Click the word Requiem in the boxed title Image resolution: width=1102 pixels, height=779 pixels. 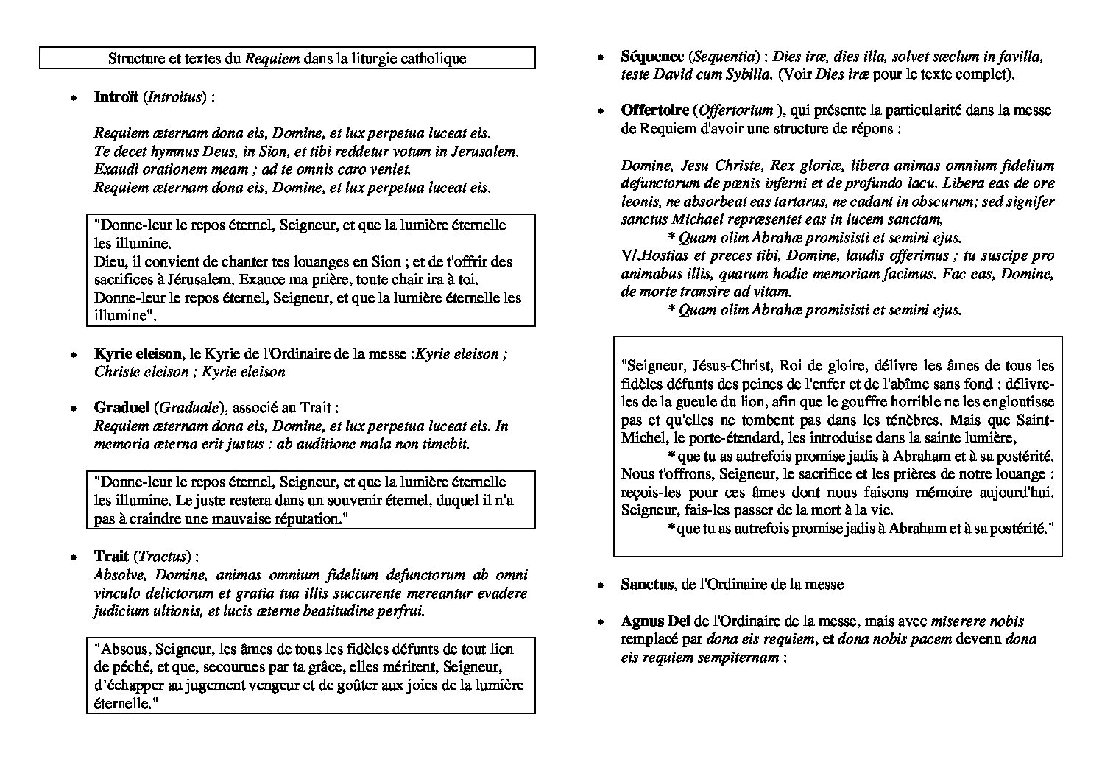[x=272, y=59]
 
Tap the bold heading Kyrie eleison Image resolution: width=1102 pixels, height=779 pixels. [x=138, y=353]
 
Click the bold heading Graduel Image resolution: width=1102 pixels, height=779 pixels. [x=121, y=408]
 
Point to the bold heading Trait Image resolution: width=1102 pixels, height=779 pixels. [x=111, y=556]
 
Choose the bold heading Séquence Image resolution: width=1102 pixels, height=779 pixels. [x=652, y=57]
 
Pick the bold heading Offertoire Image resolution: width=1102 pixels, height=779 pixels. [x=654, y=111]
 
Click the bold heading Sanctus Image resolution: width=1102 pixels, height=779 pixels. [x=647, y=585]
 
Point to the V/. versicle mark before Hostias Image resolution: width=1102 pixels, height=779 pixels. [x=630, y=256]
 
